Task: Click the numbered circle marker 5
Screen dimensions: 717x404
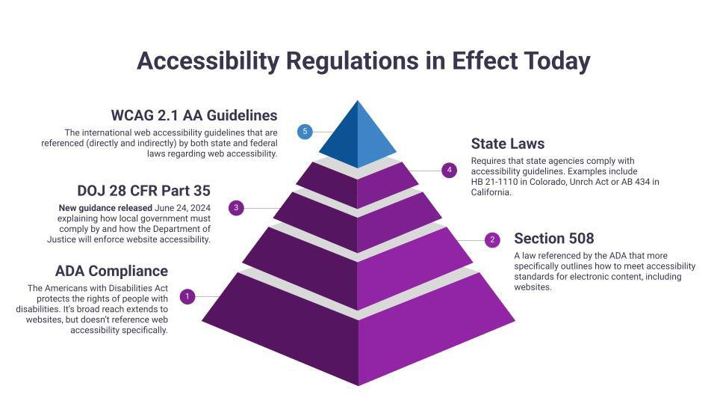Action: [305, 132]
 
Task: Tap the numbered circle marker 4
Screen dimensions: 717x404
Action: [449, 171]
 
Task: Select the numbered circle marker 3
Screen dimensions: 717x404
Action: [236, 207]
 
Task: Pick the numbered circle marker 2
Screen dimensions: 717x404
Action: [492, 239]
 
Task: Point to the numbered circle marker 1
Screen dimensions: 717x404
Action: [187, 296]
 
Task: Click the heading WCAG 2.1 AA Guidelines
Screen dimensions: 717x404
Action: [194, 115]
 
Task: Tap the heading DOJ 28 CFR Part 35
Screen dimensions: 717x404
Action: [143, 191]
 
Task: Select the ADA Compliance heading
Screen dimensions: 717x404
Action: [111, 271]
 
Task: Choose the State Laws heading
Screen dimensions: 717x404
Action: [508, 144]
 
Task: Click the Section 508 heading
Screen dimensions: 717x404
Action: [553, 239]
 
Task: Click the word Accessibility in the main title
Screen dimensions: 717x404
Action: [208, 61]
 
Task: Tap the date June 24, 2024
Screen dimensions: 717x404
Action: [182, 208]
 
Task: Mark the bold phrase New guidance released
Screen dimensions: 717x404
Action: [105, 208]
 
